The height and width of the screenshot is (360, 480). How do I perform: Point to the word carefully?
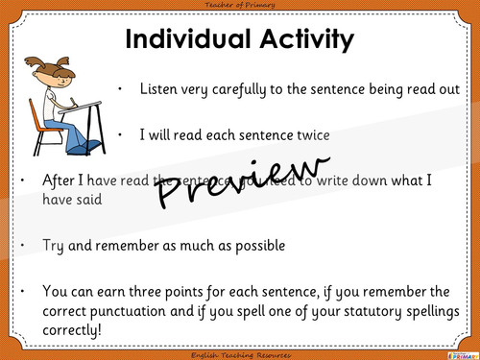(x=232, y=89)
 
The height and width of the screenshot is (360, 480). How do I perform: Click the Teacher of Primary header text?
(x=239, y=7)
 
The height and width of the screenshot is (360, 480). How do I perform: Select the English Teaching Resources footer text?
(x=239, y=353)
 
